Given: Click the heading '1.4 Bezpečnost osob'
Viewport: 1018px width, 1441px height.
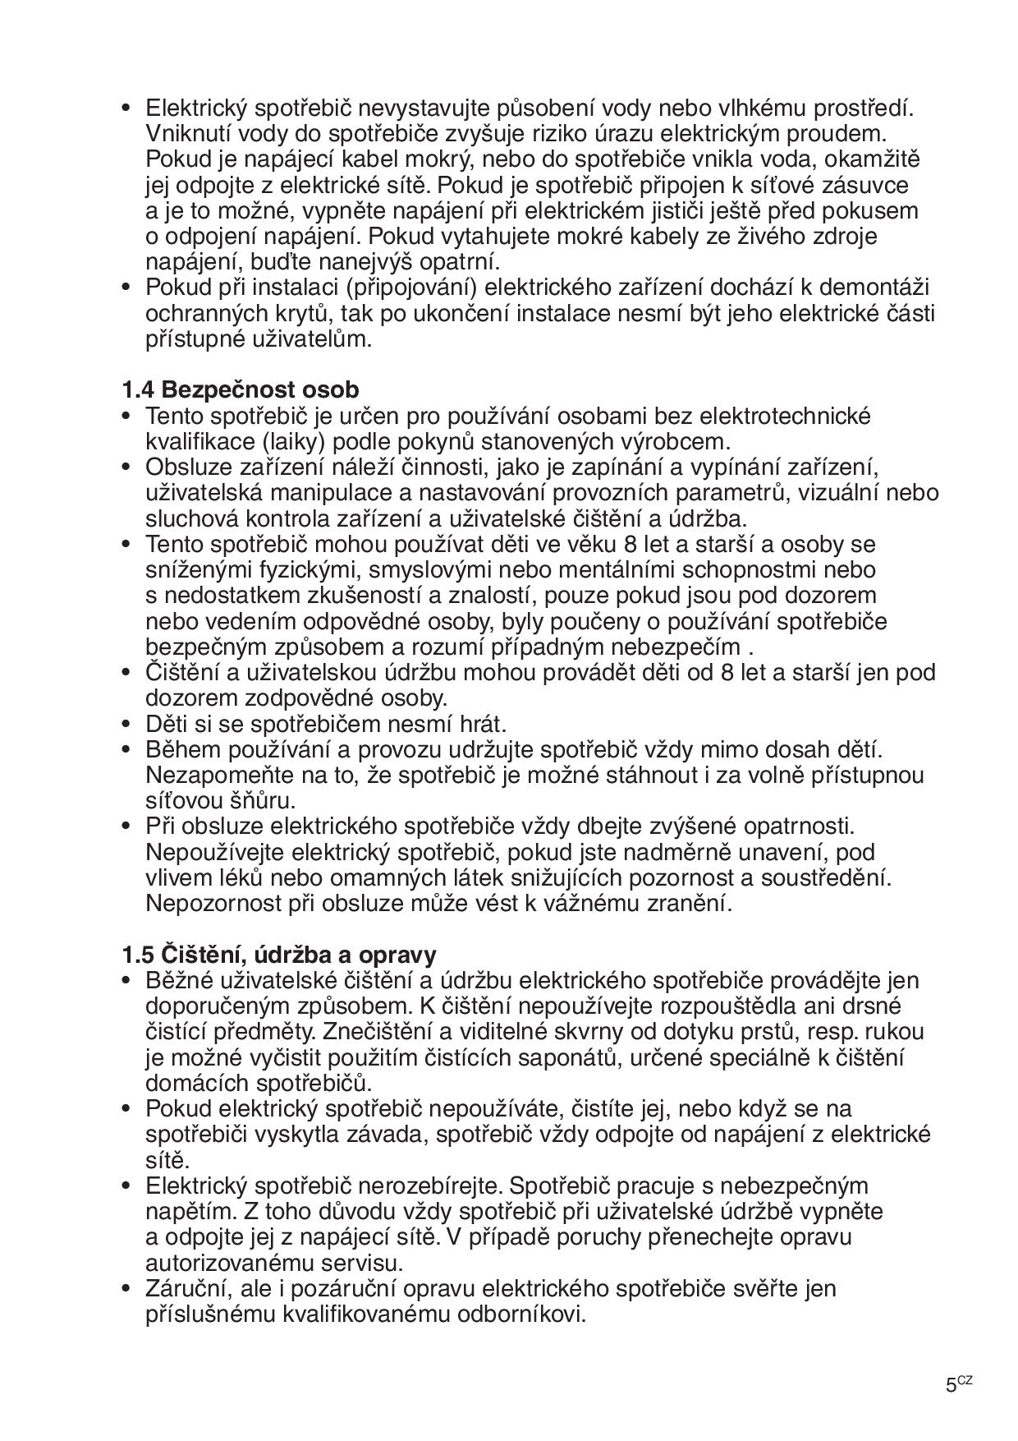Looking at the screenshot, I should tap(240, 389).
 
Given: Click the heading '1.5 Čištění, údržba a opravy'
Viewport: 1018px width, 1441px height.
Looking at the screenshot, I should tap(279, 955).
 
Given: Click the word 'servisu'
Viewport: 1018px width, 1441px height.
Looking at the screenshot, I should tap(363, 1263).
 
